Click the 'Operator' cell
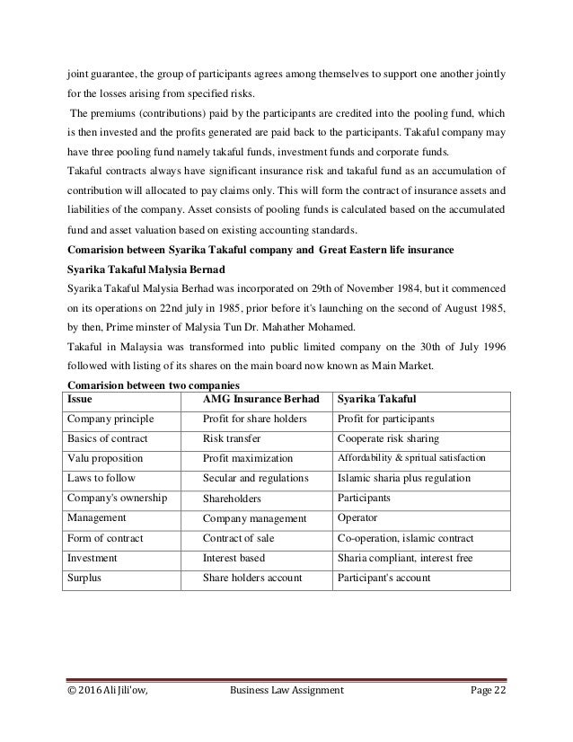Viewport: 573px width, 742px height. coord(357,518)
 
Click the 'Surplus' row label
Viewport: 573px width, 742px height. coord(85,578)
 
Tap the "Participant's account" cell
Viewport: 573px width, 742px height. coord(383,578)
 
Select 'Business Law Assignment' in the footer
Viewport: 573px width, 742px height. coord(286,713)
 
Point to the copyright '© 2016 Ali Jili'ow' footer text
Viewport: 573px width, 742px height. coord(111,713)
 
